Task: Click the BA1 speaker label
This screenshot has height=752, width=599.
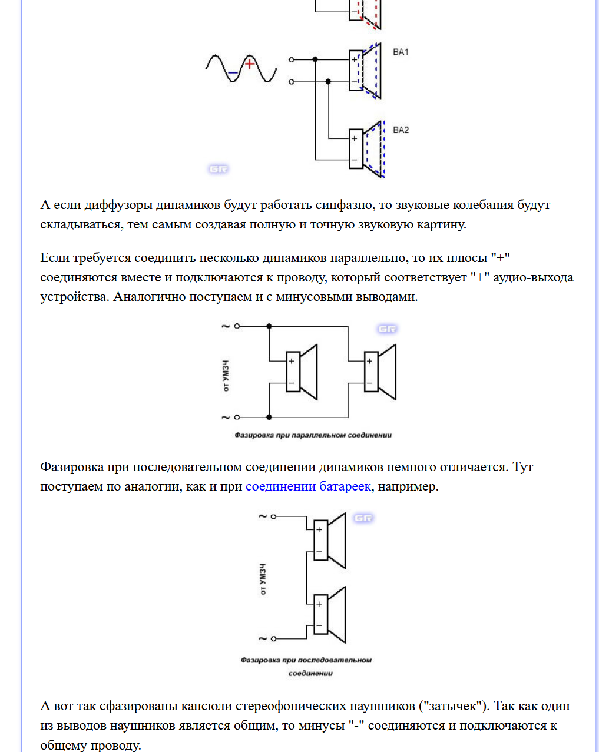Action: click(401, 52)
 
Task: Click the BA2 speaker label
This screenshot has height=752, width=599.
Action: click(401, 130)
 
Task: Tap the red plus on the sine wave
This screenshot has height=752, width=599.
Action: click(250, 64)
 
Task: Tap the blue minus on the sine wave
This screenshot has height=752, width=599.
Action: click(233, 73)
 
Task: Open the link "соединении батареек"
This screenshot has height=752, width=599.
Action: click(308, 486)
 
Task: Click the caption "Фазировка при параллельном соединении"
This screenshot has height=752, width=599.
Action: click(313, 435)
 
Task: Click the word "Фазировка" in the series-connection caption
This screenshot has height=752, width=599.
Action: click(260, 660)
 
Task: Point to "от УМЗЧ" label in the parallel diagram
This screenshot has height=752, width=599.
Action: click(226, 377)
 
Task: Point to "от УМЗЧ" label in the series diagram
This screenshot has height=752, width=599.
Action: click(263, 579)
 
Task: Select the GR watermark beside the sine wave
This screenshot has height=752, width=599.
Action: click(218, 169)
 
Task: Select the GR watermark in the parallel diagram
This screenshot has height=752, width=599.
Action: click(387, 329)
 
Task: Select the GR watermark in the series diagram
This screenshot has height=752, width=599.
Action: click(363, 518)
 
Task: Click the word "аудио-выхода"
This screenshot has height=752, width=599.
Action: click(532, 277)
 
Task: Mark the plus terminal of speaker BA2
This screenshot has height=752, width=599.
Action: click(355, 139)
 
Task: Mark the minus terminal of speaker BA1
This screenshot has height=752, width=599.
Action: click(355, 81)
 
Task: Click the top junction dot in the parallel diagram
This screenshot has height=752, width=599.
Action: click(269, 326)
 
